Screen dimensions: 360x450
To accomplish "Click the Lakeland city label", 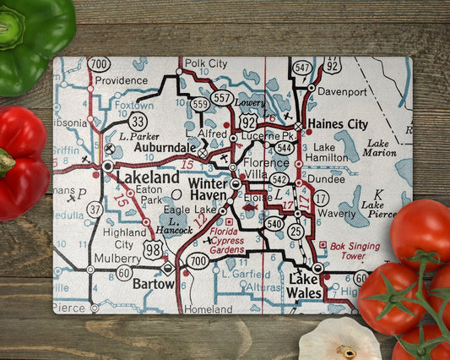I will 148,178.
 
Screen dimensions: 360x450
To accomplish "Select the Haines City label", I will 339,123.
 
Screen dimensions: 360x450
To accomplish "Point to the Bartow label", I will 153,284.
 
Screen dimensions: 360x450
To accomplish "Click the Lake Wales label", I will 306,286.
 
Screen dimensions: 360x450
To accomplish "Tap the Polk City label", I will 206,63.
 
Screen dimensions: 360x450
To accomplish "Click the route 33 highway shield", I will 138,120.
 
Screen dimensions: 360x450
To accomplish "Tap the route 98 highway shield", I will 154,248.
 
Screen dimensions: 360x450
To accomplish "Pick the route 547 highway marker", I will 301,67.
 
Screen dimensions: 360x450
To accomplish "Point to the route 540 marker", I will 274,223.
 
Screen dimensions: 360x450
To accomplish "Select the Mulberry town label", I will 117,258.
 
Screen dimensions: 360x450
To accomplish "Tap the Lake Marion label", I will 380,148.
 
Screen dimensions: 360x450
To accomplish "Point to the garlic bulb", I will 339,341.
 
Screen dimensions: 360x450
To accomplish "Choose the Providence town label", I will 121,80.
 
